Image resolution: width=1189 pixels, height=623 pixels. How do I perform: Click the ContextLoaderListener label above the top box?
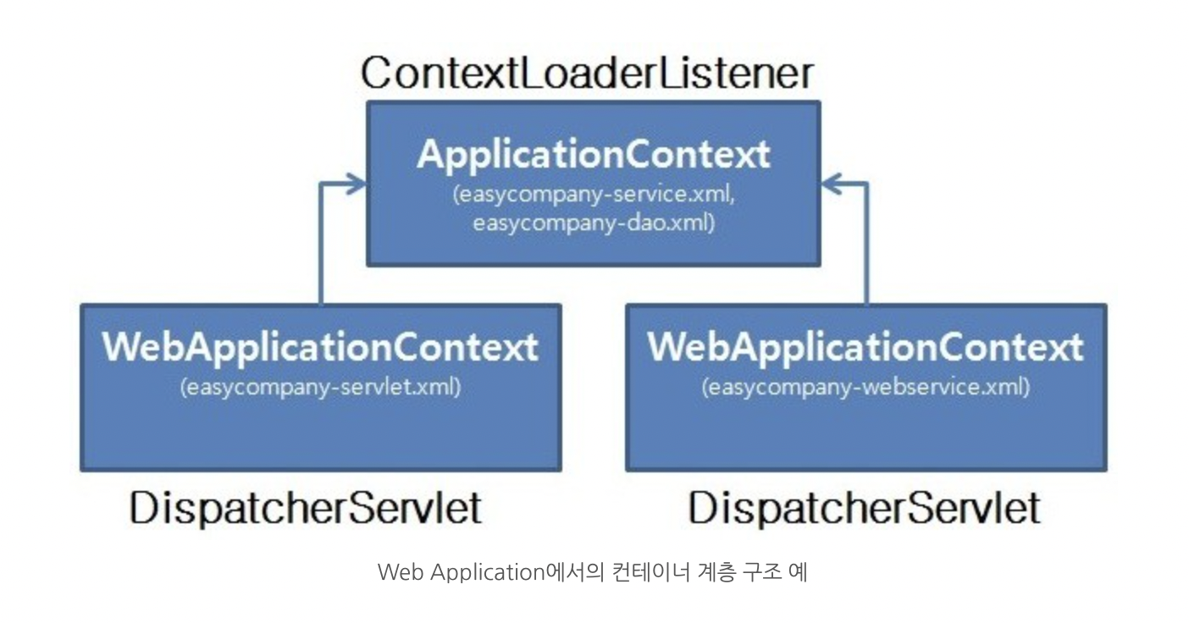coord(587,74)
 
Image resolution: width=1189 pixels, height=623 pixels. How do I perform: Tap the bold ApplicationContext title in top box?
coord(594,155)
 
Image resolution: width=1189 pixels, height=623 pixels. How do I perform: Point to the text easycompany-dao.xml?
coord(594,223)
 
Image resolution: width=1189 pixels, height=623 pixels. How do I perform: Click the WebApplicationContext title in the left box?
coord(320,347)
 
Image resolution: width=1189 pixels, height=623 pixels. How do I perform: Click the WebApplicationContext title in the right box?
coord(865,347)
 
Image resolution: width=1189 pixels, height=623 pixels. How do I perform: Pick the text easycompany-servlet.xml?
coord(320,387)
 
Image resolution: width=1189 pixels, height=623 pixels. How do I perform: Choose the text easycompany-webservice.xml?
coord(865,387)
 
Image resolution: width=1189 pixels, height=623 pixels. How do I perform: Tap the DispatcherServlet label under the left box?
coord(306,509)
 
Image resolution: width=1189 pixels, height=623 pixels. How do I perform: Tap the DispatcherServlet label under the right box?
coord(864,509)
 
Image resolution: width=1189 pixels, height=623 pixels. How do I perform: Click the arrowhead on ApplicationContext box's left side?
coord(356,183)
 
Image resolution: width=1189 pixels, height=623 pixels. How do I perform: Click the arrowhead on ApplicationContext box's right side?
coord(832,183)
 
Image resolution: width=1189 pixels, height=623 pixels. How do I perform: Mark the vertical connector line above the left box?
coord(321,245)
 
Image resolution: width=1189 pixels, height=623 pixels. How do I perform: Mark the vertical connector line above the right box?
coord(866,245)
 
